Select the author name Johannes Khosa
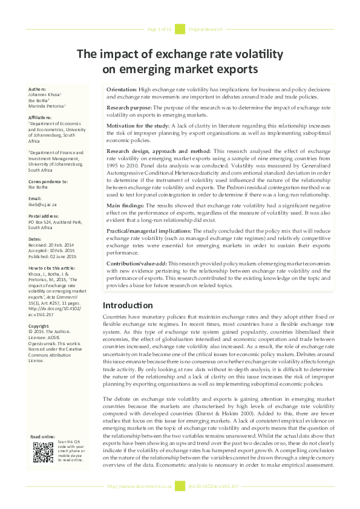[x=44, y=95]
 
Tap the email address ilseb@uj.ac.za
[x=42, y=204]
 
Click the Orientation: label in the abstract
[x=121, y=89]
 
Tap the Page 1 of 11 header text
[x=160, y=29]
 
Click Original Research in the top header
[x=206, y=29]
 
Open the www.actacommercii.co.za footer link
[x=139, y=486]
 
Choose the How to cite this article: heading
[x=53, y=267]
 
